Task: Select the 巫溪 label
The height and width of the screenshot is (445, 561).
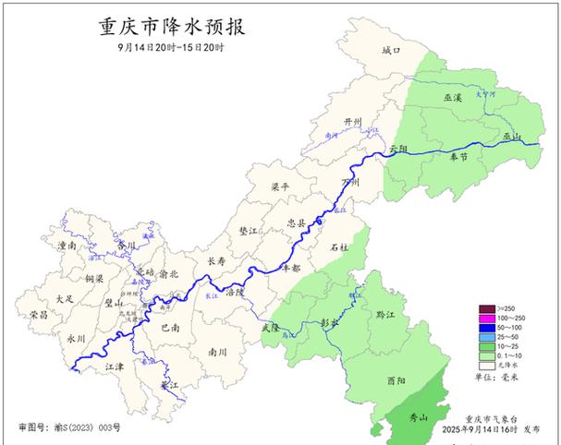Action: pos(452,96)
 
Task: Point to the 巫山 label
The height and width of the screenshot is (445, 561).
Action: pos(511,136)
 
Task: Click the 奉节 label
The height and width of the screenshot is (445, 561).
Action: pos(459,158)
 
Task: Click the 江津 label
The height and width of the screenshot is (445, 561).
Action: pos(115,367)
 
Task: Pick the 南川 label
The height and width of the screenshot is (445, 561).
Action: pos(218,352)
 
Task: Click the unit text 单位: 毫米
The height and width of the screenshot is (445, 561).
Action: pos(497,379)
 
